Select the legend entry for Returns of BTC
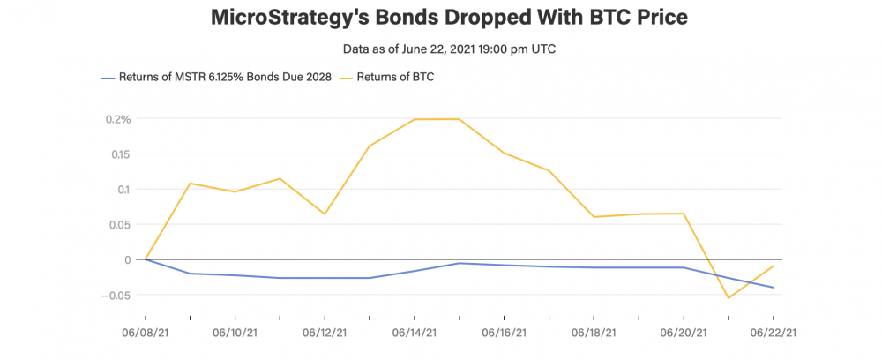[394, 78]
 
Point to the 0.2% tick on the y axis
[116, 119]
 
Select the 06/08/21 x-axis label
[146, 334]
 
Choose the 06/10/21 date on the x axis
[235, 334]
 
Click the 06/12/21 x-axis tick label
[325, 334]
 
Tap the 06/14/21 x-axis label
[415, 334]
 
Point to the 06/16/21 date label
[505, 334]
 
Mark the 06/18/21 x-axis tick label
[594, 334]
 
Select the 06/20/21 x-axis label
[684, 334]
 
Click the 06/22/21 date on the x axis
[774, 334]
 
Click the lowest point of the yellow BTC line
[729, 298]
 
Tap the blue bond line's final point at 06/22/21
[774, 288]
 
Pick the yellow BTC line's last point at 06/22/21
[774, 266]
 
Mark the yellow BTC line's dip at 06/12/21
[325, 214]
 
